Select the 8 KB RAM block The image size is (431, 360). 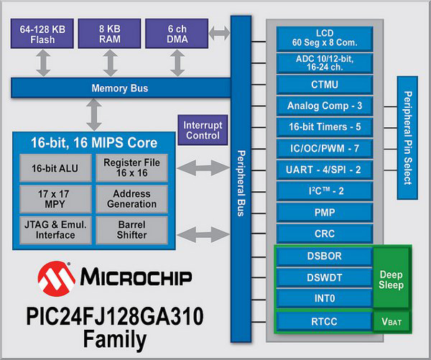coord(110,34)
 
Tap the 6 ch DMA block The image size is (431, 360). coord(176,34)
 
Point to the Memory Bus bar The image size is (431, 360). coord(119,88)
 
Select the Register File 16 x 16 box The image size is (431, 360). coord(131,167)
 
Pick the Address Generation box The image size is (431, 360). coord(131,198)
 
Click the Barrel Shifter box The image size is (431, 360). coord(131,229)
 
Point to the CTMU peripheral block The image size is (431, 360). coord(324,84)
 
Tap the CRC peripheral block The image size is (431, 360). coord(324,234)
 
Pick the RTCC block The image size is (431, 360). coord(324,321)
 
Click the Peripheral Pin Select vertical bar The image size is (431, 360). coord(407,137)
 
